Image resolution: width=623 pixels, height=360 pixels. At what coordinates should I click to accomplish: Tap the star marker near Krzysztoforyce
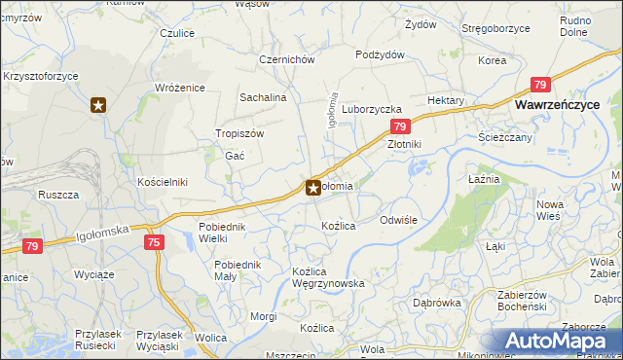(97, 105)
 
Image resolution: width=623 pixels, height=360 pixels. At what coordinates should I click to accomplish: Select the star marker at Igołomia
(313, 188)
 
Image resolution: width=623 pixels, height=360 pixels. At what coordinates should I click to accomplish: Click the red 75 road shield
(154, 241)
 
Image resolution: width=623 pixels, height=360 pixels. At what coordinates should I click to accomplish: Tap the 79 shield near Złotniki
(399, 127)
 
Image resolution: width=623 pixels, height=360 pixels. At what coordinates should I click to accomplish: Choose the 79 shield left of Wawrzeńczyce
(540, 85)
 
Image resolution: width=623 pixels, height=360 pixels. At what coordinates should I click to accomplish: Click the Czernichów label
(286, 59)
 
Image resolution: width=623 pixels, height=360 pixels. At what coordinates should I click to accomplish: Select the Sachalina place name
(263, 98)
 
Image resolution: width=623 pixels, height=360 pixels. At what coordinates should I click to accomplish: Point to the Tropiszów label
(239, 134)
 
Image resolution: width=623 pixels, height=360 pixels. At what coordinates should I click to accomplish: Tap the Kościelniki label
(162, 182)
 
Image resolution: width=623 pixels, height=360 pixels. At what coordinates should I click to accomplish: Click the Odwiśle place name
(398, 220)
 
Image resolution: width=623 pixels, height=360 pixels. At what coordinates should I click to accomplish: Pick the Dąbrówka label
(436, 303)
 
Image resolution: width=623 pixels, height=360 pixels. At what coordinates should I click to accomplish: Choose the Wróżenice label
(180, 88)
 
